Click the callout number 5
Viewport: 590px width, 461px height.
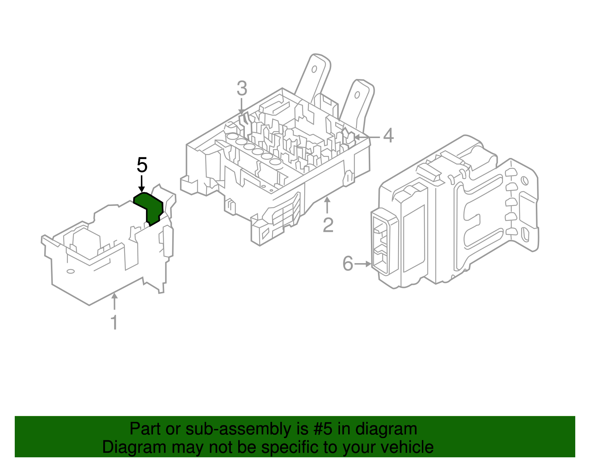pos(142,165)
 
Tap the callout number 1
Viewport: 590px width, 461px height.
pos(115,322)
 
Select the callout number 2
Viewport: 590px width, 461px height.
pos(328,225)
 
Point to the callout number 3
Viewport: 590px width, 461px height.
pos(242,89)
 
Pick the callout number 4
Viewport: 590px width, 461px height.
pos(388,136)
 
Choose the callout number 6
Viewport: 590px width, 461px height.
pos(348,264)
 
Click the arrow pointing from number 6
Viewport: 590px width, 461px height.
pos(363,264)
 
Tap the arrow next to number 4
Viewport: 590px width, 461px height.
pos(367,137)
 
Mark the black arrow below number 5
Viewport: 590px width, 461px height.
pos(142,183)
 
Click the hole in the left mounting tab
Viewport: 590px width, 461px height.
pos(315,69)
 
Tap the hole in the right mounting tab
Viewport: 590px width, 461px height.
pos(357,95)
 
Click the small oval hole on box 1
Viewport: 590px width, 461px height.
pos(70,271)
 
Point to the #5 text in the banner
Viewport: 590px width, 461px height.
pos(323,429)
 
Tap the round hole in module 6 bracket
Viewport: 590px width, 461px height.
pos(523,180)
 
